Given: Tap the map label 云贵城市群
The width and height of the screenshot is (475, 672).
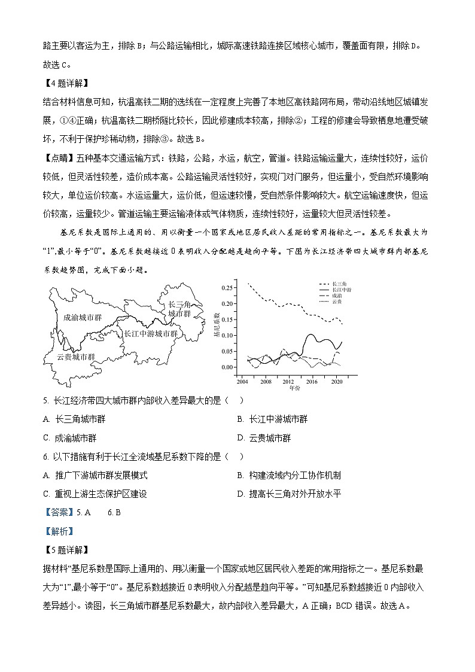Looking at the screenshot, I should click(76, 357).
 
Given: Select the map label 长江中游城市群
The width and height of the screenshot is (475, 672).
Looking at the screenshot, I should click(151, 333).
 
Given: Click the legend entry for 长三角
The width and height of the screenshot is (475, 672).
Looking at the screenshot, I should click(338, 283).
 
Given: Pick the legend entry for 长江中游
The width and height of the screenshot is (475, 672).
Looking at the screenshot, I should click(340, 290).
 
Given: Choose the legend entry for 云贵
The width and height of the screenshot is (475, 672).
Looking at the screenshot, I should click(336, 302).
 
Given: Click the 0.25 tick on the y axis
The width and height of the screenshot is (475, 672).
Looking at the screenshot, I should click(228, 288).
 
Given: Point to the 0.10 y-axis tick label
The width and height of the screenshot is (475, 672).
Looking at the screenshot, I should click(228, 336).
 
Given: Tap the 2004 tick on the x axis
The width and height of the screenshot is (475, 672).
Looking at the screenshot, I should click(242, 381).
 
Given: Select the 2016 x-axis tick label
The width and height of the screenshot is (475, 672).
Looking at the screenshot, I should click(312, 381).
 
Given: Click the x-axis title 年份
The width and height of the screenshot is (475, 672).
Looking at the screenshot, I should click(294, 388).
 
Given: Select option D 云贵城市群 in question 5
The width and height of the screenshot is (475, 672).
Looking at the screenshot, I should click(269, 438).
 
